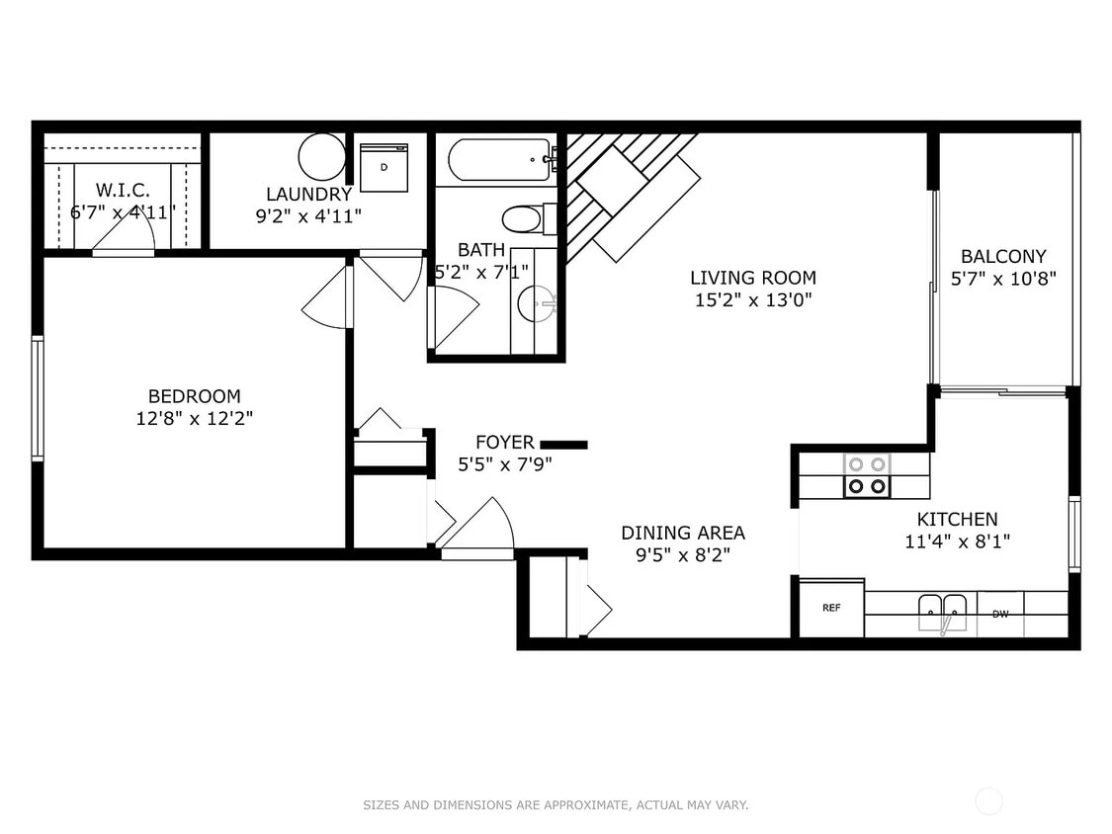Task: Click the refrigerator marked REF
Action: tap(831, 608)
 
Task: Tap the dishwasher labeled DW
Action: tap(1000, 614)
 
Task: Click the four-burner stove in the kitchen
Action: tap(867, 475)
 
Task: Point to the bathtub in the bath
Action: tap(499, 159)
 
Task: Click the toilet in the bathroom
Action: tap(522, 218)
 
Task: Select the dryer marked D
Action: tap(384, 168)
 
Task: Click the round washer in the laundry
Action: tap(321, 155)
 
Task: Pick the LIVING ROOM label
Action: tap(753, 278)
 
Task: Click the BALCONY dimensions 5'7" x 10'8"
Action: tap(1002, 279)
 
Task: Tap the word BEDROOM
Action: tap(194, 396)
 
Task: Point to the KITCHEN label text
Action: tap(957, 519)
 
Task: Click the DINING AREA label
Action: tap(683, 533)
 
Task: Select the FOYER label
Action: tap(504, 443)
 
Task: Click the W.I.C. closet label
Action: tap(122, 190)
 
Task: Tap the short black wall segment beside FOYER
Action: tap(563, 445)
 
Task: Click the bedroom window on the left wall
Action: tap(38, 398)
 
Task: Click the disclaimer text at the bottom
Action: tap(556, 805)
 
